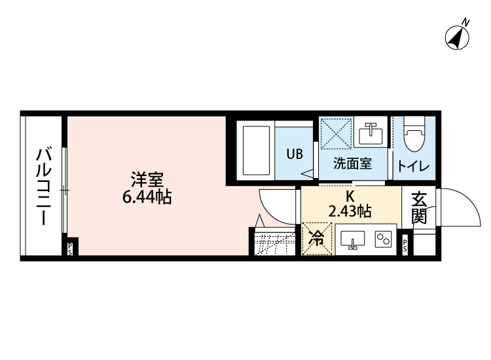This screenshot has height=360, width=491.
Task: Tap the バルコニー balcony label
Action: pyautogui.click(x=43, y=187)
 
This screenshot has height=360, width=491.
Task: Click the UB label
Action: pyautogui.click(x=294, y=155)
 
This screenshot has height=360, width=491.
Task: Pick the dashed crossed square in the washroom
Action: pyautogui.click(x=336, y=134)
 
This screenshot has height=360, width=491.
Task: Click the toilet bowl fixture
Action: pyautogui.click(x=413, y=136)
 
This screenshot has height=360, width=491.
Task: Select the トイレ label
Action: pyautogui.click(x=413, y=166)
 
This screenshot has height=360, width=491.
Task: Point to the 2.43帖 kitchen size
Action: pyautogui.click(x=350, y=211)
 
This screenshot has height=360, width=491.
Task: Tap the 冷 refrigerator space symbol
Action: pyautogui.click(x=317, y=239)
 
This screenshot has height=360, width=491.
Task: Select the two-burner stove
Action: pyautogui.click(x=382, y=240)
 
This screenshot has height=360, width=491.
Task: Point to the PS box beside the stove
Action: pyautogui.click(x=405, y=246)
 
